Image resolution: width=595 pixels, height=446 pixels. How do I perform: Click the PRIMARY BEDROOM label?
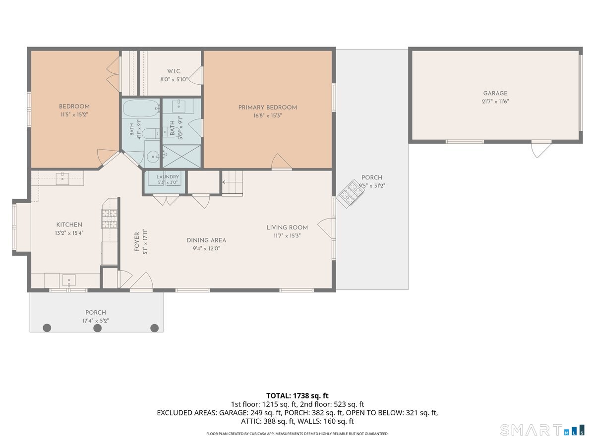click(x=267, y=108)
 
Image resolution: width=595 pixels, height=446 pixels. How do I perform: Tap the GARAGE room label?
click(x=495, y=94)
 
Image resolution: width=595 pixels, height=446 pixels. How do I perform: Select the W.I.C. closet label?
click(x=174, y=71)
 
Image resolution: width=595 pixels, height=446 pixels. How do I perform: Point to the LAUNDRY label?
click(x=168, y=177)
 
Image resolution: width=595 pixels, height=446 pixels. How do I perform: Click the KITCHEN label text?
click(x=69, y=225)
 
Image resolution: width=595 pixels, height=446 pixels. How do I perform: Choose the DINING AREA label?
click(x=206, y=240)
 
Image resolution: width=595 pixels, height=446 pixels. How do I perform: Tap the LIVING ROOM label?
click(x=287, y=228)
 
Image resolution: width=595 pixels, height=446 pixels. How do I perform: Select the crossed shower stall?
click(x=181, y=156)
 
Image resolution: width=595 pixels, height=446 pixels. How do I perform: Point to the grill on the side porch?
click(x=350, y=193)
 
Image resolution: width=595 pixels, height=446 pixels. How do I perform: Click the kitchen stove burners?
click(x=109, y=219)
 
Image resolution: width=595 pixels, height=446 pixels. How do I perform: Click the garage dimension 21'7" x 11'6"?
click(x=495, y=102)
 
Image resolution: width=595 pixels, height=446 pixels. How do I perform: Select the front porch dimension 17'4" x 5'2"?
click(x=96, y=321)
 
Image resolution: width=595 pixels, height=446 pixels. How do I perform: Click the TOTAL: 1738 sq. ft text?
click(x=297, y=395)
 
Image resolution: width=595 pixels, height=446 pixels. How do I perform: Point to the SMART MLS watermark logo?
click(x=542, y=430)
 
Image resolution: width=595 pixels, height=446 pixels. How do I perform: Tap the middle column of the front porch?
click(x=97, y=328)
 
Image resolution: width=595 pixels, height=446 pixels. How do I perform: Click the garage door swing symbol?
click(x=541, y=150)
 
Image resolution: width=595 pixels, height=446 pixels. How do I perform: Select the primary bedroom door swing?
click(x=281, y=162)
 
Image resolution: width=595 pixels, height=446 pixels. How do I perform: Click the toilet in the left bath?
click(x=149, y=133)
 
